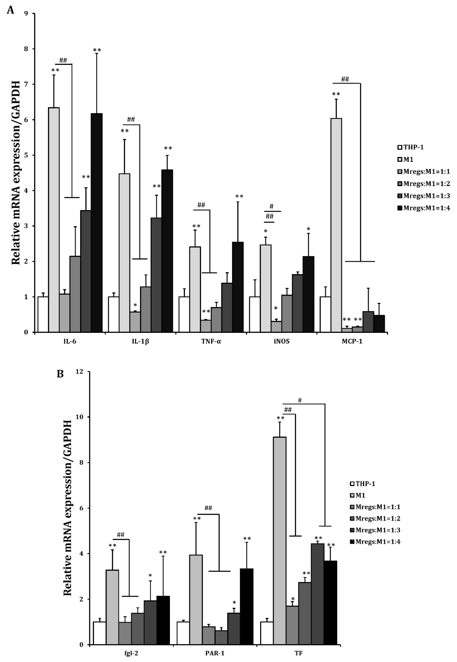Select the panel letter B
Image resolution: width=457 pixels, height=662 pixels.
(x=60, y=374)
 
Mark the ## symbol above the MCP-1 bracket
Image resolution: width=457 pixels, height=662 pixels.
(x=345, y=79)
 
